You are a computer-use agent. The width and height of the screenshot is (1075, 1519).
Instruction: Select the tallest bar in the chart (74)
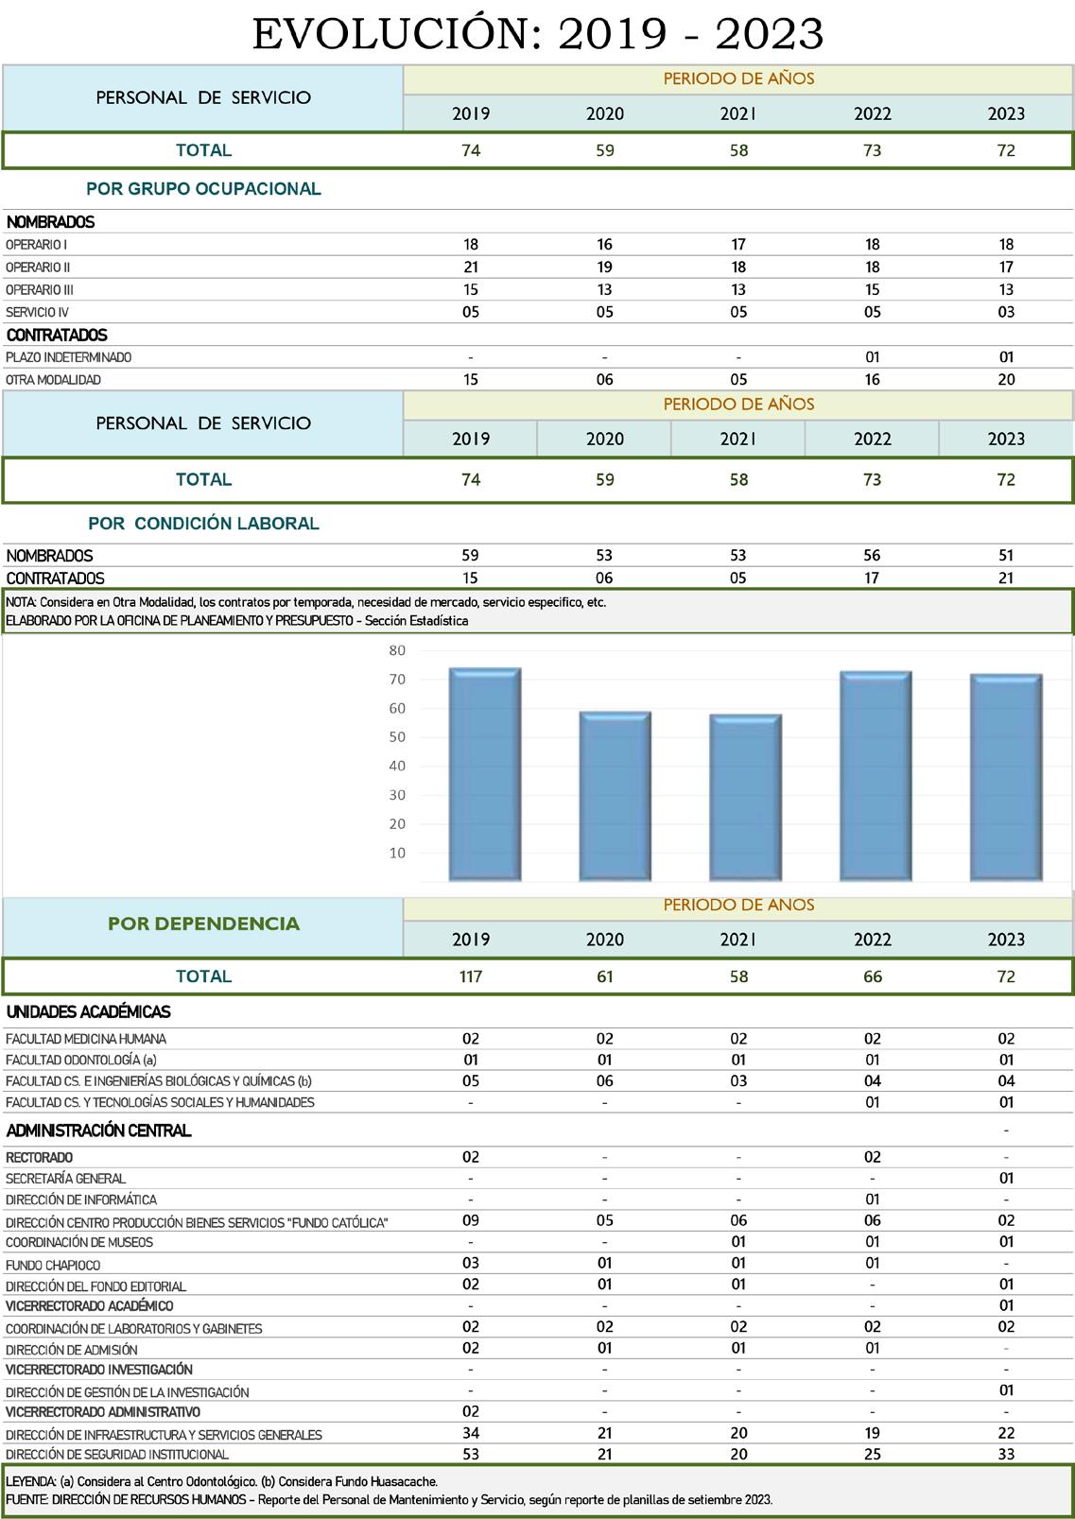coord(485,775)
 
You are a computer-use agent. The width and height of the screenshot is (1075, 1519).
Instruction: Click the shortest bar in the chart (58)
coord(746,798)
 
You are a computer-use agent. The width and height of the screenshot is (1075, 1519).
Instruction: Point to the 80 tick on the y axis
coord(397,650)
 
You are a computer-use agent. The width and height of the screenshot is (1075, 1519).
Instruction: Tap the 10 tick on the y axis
coord(397,853)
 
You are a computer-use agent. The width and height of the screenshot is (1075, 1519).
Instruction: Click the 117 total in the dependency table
coord(471,976)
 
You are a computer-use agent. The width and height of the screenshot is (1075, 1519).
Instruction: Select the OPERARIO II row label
coord(38,268)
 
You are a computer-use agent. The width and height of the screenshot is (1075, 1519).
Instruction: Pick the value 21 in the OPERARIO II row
coord(471,268)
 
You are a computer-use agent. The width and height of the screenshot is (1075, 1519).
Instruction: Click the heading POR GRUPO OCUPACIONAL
coord(203,189)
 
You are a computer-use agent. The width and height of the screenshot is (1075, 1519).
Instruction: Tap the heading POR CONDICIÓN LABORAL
coord(203,524)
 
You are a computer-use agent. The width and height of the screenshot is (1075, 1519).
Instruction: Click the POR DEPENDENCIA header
coord(203,923)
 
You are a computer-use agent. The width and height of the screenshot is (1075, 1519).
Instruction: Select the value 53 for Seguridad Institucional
coord(471,1454)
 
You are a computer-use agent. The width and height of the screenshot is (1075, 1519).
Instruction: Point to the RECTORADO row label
coord(40,1157)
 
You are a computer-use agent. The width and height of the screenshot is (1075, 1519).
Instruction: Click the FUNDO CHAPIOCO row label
coord(53,1265)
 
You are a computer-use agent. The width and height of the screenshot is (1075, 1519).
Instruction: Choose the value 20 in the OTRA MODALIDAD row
coord(1006,380)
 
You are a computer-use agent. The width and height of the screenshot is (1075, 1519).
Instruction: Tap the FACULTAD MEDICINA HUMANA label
coord(86,1039)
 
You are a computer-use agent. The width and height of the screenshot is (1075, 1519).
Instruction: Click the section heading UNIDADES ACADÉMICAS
coord(88,1012)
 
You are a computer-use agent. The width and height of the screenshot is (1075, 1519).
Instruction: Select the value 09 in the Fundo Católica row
coord(471,1221)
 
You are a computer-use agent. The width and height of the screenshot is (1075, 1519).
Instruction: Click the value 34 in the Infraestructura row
coord(471,1433)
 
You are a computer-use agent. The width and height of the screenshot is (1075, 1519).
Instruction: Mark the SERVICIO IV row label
coord(37,313)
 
